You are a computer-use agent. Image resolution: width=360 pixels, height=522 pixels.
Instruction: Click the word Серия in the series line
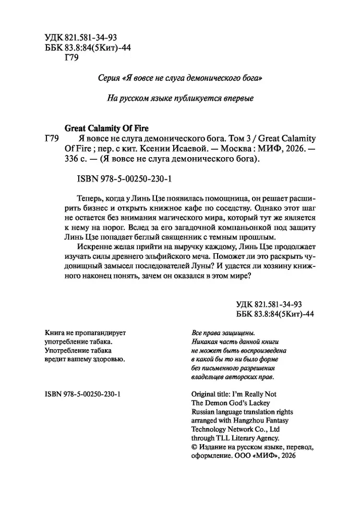tap(109, 77)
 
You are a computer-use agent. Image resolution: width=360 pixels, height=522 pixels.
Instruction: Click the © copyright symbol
tap(195, 447)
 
